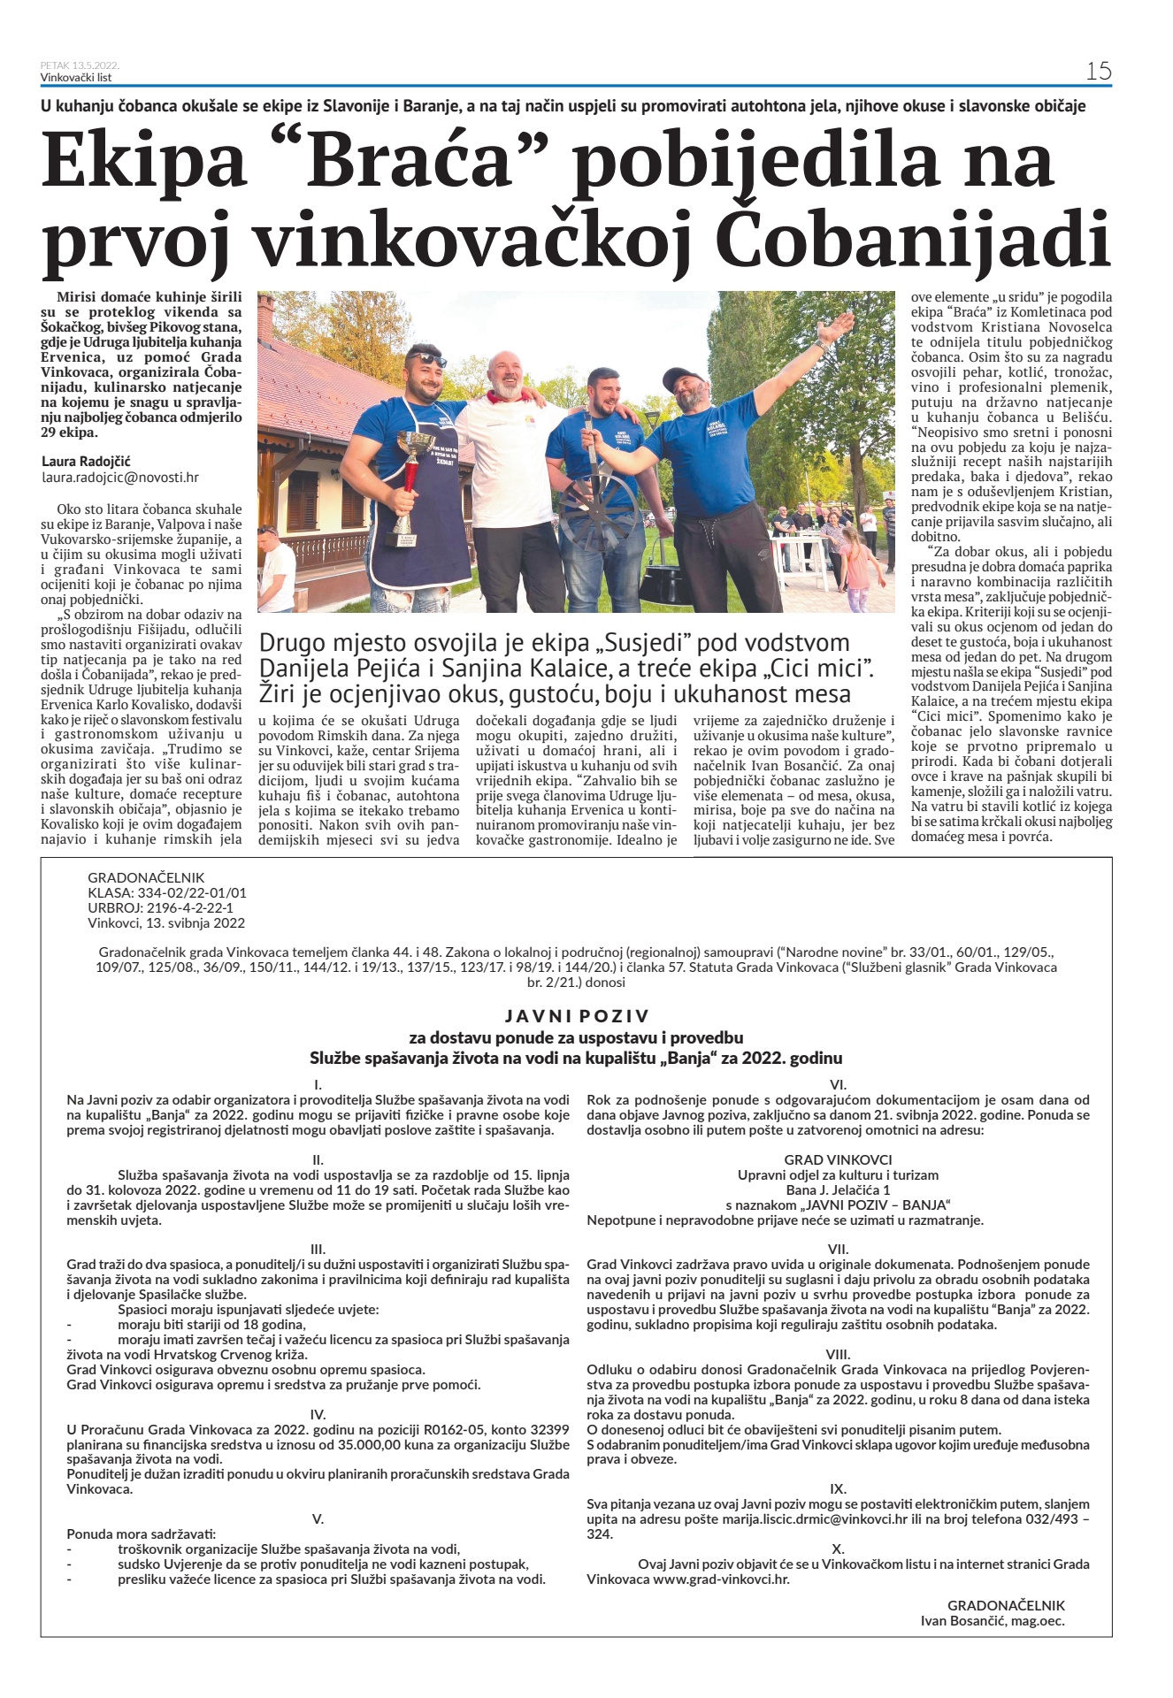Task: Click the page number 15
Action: [x=1098, y=71]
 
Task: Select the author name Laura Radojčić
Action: [x=86, y=462]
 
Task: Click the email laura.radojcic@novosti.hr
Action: [x=120, y=478]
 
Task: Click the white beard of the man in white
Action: [x=506, y=387]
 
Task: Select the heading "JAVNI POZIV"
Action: [x=577, y=1016]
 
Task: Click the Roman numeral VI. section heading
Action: [x=838, y=1084]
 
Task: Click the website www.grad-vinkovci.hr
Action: [x=721, y=1579]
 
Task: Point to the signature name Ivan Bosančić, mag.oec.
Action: [x=993, y=1621]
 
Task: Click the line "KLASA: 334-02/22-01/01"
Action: [x=167, y=893]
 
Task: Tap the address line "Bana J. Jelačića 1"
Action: [x=838, y=1189]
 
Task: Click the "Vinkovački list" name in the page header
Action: [x=76, y=77]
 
